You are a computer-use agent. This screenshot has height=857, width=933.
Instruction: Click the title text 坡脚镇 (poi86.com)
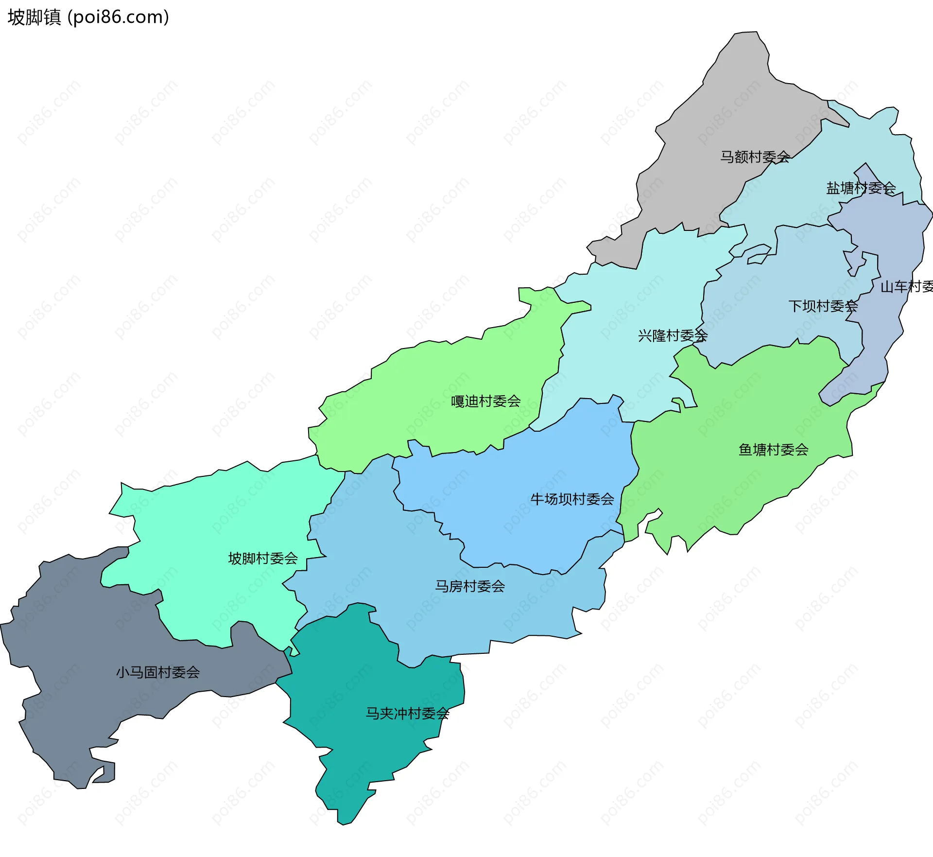click(88, 17)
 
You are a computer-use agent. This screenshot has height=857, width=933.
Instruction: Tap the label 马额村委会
click(755, 157)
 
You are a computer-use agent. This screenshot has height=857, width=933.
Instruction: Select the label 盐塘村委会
click(861, 188)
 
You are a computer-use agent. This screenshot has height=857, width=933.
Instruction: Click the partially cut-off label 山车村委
click(906, 287)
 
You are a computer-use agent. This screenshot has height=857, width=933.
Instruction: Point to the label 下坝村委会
click(823, 306)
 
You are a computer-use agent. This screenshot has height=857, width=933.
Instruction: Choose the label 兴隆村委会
click(673, 336)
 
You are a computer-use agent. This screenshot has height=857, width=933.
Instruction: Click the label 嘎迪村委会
click(485, 402)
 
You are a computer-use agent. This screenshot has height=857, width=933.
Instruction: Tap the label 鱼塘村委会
click(773, 450)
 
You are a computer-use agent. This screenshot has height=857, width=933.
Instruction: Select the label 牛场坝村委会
click(572, 499)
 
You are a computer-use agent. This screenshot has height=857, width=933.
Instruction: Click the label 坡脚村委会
click(263, 559)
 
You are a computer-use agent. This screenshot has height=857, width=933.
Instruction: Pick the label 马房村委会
click(469, 587)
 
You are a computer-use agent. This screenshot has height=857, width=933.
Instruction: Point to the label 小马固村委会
click(158, 673)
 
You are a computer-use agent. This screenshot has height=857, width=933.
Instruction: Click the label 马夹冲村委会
click(407, 714)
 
